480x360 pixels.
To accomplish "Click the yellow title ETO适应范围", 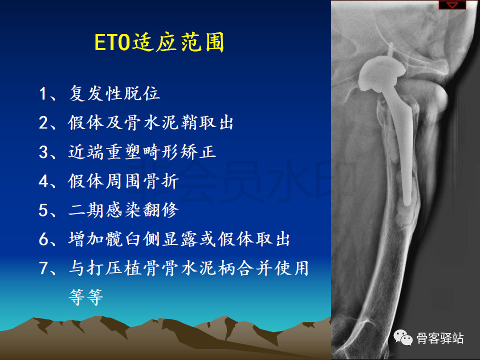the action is click(x=159, y=42).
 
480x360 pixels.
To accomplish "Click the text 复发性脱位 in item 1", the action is click(x=114, y=93).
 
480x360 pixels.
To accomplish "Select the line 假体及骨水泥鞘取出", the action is click(x=150, y=122).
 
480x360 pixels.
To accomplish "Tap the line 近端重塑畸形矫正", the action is click(x=142, y=151).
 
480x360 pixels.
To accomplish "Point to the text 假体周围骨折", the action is click(x=123, y=180).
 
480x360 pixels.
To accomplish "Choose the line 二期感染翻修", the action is click(x=123, y=209).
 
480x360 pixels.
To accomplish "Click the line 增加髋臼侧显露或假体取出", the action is click(x=179, y=239).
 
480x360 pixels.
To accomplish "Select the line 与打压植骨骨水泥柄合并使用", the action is click(x=188, y=268).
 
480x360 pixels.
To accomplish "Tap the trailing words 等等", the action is click(x=86, y=297).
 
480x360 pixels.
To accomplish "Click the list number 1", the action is click(x=43, y=93).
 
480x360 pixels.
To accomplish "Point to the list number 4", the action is click(x=43, y=181).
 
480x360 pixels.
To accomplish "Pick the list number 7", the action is click(x=43, y=268).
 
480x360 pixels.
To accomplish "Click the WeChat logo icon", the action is click(x=403, y=338).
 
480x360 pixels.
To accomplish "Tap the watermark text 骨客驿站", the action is click(x=440, y=338).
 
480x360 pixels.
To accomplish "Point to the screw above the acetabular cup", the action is click(x=390, y=49).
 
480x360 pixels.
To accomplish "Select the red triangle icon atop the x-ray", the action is click(x=452, y=5).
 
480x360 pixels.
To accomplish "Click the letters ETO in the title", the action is click(x=112, y=42).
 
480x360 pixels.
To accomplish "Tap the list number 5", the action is click(x=43, y=210).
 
